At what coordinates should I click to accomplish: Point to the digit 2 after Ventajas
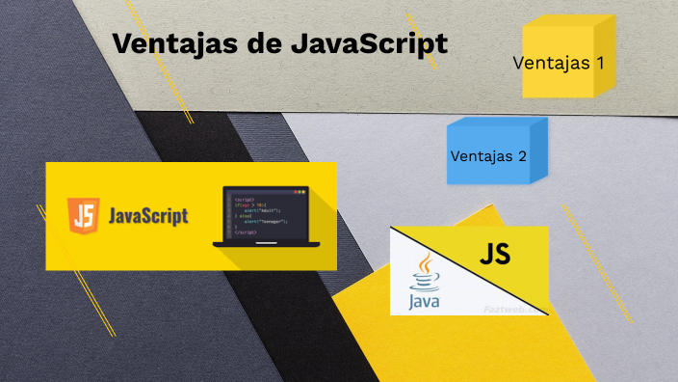pos(521,154)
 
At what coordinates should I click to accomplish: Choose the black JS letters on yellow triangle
pos(494,255)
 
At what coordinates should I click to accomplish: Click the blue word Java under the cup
pos(424,302)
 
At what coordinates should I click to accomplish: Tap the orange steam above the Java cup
pos(423,263)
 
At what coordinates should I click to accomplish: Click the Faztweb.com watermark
pos(512,308)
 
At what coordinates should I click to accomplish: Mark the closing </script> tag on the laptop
pos(246,233)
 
